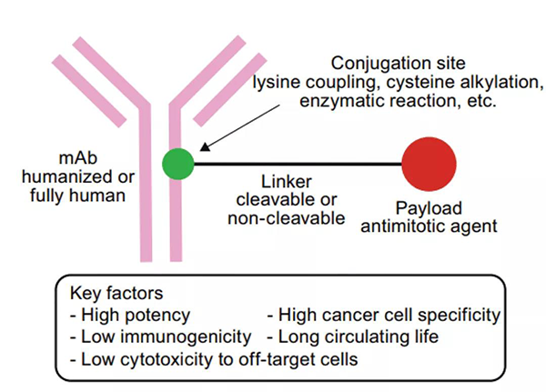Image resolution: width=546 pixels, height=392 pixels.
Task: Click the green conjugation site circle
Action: (179, 164)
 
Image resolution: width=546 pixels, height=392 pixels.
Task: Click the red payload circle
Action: (430, 164)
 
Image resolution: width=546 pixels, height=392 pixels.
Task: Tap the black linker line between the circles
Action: (300, 164)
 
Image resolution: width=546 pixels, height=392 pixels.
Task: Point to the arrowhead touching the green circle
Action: (203, 149)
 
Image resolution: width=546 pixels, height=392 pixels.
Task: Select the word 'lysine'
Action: (278, 84)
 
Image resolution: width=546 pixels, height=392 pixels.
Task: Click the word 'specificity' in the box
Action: (460, 315)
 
